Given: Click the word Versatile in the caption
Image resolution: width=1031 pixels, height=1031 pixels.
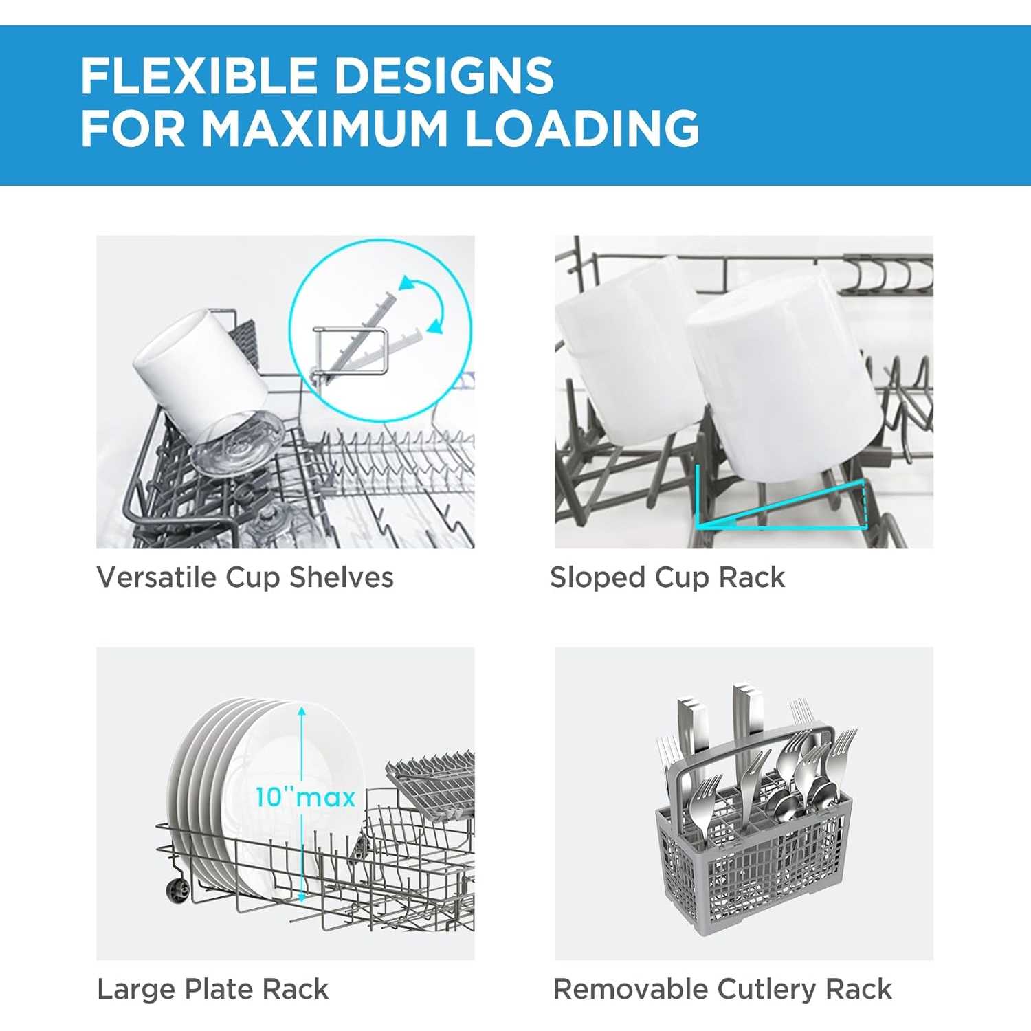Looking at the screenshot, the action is (157, 577).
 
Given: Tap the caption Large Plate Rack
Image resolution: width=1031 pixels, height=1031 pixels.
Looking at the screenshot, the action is (213, 990).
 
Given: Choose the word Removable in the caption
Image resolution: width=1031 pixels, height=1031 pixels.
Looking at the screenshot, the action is (631, 990).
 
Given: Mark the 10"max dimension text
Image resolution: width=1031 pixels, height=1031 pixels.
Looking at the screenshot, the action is (306, 797).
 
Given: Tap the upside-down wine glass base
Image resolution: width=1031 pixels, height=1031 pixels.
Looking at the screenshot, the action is (237, 442).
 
